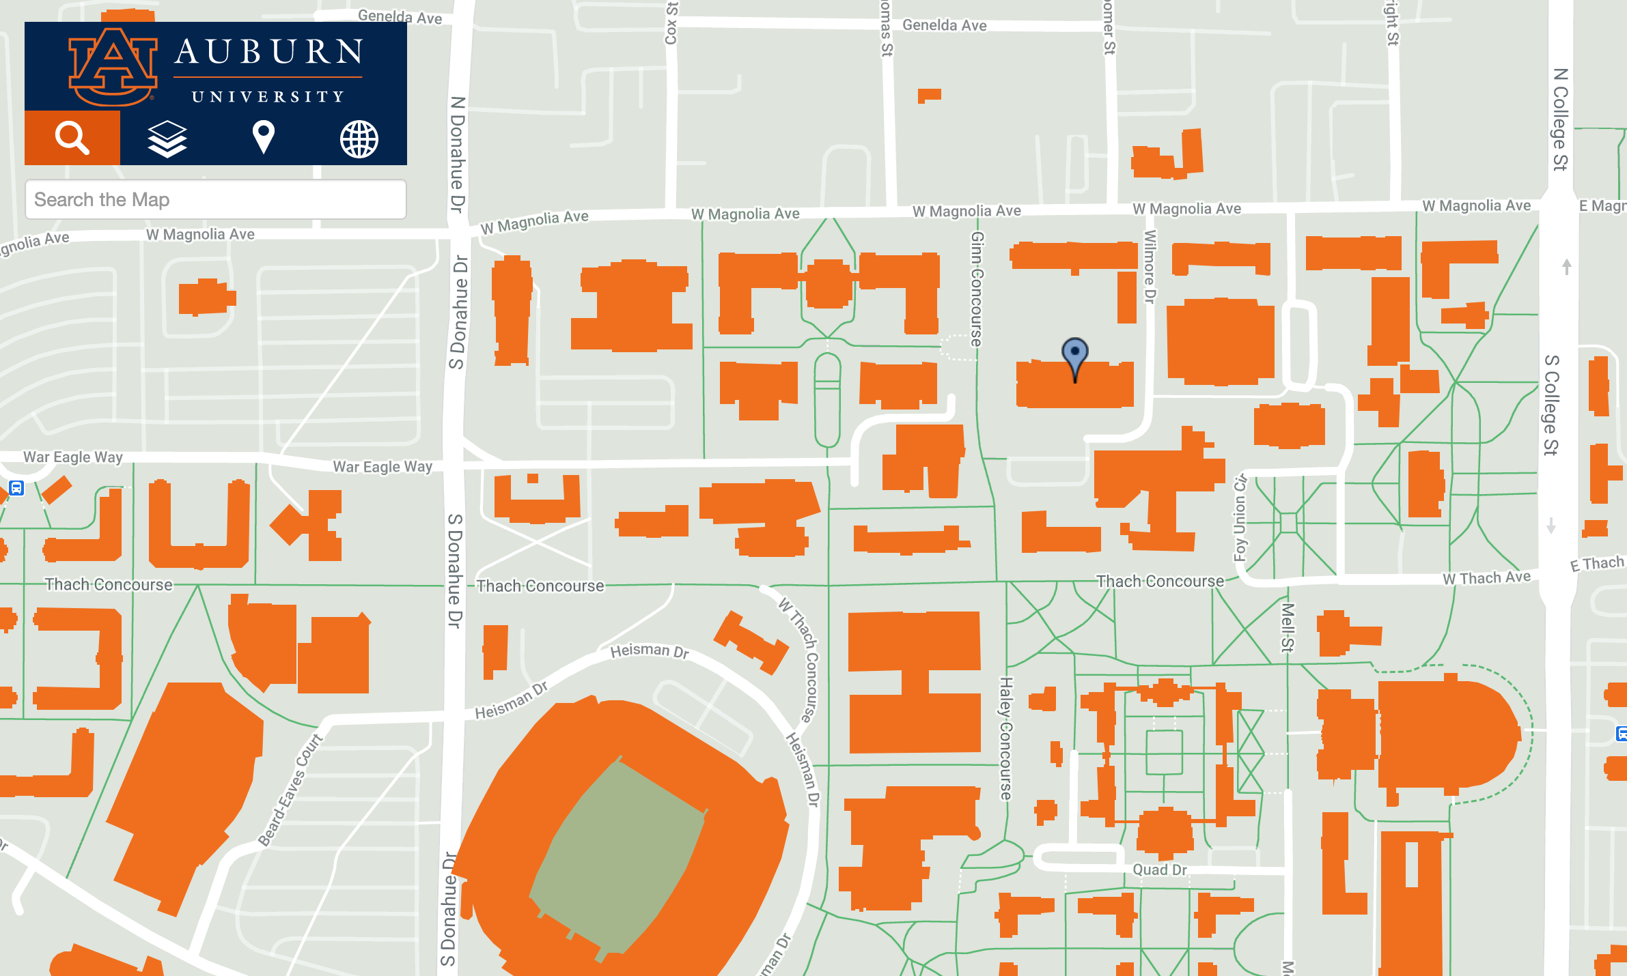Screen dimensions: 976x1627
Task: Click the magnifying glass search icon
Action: click(72, 138)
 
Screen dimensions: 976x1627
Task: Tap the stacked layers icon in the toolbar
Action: click(167, 139)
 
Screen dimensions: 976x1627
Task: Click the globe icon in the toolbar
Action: click(359, 139)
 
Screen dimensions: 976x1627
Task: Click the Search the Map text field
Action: click(215, 199)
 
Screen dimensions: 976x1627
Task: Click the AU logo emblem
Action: click(113, 66)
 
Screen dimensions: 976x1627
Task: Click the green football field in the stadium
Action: click(618, 857)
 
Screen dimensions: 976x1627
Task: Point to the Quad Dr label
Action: click(1159, 870)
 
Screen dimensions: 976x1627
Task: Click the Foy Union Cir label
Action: click(1240, 517)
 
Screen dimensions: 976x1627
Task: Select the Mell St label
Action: click(1287, 627)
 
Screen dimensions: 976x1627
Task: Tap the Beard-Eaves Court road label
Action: click(290, 790)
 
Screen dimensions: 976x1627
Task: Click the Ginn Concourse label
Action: click(977, 289)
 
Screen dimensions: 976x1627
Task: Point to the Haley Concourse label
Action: click(1005, 737)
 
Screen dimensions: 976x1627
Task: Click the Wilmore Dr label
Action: click(1150, 266)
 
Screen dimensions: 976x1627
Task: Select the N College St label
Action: click(1560, 119)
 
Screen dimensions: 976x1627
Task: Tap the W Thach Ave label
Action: click(1486, 578)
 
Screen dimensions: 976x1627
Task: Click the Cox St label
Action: click(671, 23)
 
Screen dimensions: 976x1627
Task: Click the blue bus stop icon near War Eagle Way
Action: click(17, 488)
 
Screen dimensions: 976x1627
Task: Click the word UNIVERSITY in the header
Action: click(268, 97)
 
